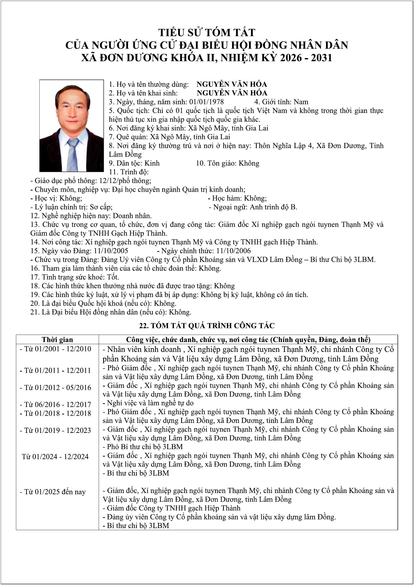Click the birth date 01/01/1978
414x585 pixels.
click(x=206, y=102)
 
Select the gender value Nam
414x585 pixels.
click(x=301, y=102)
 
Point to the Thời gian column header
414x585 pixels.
click(x=57, y=340)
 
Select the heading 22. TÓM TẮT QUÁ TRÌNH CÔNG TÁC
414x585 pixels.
click(x=207, y=326)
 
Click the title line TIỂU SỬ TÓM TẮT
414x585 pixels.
click(x=207, y=33)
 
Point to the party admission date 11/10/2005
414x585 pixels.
click(x=111, y=251)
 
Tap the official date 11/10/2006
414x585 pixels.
click(x=233, y=251)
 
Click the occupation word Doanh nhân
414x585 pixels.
click(x=132, y=216)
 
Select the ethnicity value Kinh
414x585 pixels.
click(x=152, y=163)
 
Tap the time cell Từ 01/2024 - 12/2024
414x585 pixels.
click(x=55, y=457)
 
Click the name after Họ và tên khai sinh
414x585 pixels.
click(x=232, y=93)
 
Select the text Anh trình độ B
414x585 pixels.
click(x=273, y=207)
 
